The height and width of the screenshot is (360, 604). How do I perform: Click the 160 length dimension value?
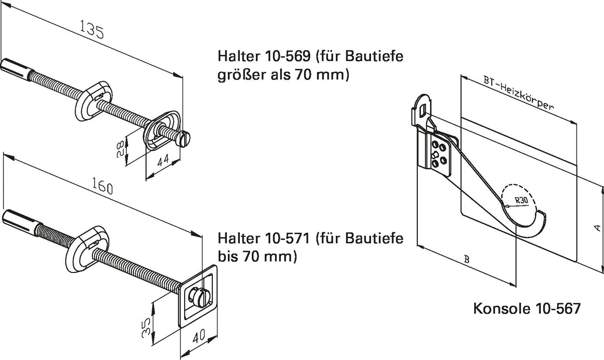102,185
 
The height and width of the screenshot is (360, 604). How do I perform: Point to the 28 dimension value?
120,149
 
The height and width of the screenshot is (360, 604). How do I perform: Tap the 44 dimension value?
163,160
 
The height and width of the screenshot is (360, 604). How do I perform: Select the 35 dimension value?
146,328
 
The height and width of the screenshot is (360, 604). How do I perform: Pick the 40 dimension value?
199,336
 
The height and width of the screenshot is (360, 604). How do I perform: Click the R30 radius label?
521,200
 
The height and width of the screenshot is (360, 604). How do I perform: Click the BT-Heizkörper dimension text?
518,93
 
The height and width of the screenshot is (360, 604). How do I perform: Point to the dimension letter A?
598,228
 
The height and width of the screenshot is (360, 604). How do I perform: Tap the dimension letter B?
467,260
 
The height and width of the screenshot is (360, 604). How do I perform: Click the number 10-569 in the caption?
288,56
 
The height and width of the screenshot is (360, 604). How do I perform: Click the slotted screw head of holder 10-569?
184,139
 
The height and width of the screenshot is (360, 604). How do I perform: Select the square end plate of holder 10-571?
198,296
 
